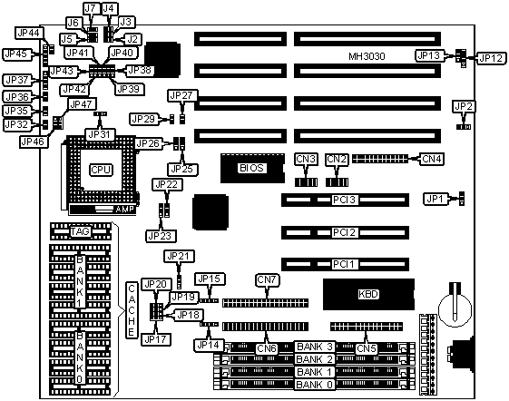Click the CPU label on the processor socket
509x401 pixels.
(101, 170)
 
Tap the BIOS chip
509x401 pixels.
(252, 168)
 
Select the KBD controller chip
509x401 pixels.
(368, 294)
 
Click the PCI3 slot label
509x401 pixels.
(344, 200)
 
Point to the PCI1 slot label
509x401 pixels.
(344, 264)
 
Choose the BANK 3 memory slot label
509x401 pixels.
(315, 347)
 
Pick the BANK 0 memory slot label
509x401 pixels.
(315, 385)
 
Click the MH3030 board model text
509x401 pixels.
(367, 56)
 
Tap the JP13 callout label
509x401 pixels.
(429, 55)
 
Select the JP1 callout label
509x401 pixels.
(435, 199)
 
